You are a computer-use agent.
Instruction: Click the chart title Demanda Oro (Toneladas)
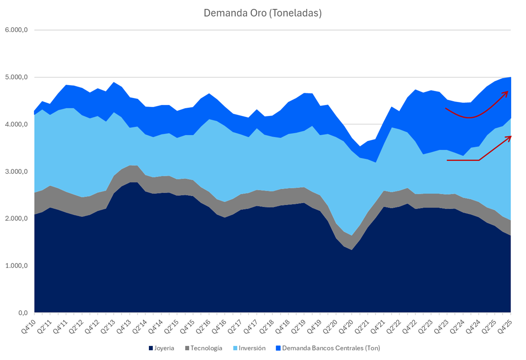point(263,13)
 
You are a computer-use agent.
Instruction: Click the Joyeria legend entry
point(164,348)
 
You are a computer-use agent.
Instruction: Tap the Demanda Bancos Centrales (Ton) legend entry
point(331,348)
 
